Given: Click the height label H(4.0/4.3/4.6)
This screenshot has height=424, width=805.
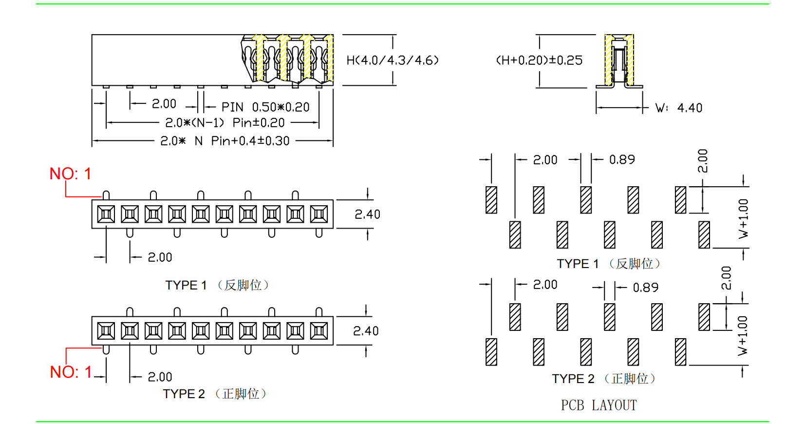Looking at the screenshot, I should click(393, 60).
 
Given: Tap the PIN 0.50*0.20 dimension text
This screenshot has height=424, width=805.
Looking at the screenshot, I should click(265, 107).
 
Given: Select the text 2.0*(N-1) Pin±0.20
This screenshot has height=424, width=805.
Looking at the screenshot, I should click(225, 123).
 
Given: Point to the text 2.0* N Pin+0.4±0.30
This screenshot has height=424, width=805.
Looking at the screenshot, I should click(225, 141).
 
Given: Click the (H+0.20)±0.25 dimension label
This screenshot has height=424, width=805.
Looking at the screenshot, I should click(539, 60).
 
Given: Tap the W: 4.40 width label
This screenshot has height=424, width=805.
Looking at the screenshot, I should click(679, 108).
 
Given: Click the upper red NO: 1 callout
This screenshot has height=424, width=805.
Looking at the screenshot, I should click(70, 174).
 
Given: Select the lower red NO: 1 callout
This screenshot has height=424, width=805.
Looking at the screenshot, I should click(71, 372).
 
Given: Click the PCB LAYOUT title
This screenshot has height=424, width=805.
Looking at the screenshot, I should click(599, 405).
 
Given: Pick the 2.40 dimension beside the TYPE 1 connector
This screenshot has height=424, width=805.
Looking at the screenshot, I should click(367, 214).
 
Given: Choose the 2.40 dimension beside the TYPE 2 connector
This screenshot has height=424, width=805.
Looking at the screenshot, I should click(366, 331).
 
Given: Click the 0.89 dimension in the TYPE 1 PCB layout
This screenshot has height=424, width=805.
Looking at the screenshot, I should click(622, 160).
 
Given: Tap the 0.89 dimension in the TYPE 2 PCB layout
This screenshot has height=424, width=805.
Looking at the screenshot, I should click(645, 288).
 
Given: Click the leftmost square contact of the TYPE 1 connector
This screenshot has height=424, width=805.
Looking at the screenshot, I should click(106, 214).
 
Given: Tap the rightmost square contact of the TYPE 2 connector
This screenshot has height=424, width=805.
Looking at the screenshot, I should click(319, 331).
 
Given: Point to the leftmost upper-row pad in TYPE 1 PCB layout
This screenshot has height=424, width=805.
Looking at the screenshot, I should click(491, 200).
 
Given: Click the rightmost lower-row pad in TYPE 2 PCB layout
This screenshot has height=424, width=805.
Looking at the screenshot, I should click(680, 352).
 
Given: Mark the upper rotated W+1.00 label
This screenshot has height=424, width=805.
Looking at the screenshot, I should click(743, 218).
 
